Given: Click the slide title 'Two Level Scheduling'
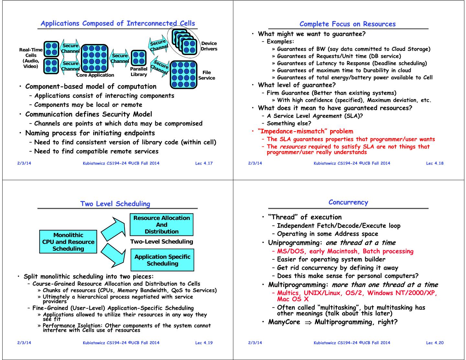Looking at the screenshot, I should pos(115,204).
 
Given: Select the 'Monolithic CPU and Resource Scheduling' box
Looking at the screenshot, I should pos(68,242).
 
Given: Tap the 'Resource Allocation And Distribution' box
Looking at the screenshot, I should pos(161,224).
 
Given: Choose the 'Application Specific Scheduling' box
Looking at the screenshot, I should pos(162,260).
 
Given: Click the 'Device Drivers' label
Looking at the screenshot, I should pos(209,46).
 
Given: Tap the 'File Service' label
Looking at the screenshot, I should pos(206,75).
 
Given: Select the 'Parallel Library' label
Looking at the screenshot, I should pos(139,71).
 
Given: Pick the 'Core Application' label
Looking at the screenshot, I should pos(95,75).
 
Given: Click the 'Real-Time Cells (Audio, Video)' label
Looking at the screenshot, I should pos(31,58).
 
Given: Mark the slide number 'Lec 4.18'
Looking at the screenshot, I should pos(435,163).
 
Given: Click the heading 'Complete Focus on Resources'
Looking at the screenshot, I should pos(348,24).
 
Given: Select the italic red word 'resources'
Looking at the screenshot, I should pos(293,147).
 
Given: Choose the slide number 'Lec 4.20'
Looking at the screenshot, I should pos(435,343).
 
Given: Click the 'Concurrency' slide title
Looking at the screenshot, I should pos(348,202).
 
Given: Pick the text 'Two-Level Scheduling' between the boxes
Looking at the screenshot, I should pos(161,242).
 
